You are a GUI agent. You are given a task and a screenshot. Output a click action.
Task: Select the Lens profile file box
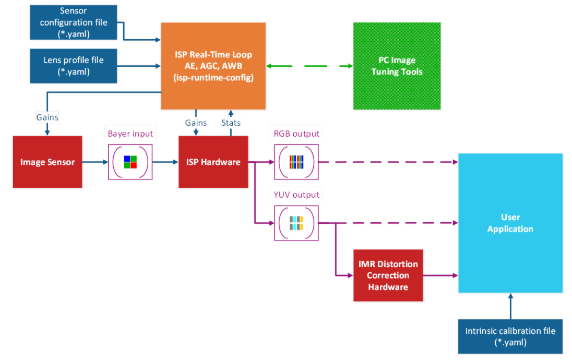coord(74,66)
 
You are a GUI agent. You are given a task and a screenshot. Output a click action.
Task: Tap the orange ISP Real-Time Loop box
coord(213,66)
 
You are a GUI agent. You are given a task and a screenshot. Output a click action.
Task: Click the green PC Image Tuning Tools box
coord(397,66)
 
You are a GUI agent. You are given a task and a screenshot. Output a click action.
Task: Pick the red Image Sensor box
coord(47,162)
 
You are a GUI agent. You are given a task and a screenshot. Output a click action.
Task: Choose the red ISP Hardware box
coord(213,162)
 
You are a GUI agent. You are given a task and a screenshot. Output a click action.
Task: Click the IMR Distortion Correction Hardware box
coord(388,275)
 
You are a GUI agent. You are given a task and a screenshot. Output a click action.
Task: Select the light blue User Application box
coord(510,223)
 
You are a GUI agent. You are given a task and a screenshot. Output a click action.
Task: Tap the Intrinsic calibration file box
coord(510,337)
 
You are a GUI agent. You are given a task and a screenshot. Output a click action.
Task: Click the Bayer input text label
coord(130,134)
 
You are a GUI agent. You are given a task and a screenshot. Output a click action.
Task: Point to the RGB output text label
coord(296,134)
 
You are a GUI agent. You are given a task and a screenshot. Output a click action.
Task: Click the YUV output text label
coord(296,195)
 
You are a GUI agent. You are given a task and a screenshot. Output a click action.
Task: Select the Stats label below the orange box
coord(231,123)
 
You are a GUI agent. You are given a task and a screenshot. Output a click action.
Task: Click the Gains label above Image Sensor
coord(47,117)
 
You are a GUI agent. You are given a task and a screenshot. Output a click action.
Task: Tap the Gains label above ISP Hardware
coord(196,123)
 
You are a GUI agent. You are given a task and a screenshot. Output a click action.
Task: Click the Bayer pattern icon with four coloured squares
coord(130,162)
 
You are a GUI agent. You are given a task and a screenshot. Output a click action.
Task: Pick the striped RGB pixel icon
coord(296,162)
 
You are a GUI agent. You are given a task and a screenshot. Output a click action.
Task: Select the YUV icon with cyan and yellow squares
coord(296,223)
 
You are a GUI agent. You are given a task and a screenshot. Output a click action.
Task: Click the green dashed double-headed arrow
coord(309,66)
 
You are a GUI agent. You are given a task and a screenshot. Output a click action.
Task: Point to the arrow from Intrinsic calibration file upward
coord(510,306)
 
